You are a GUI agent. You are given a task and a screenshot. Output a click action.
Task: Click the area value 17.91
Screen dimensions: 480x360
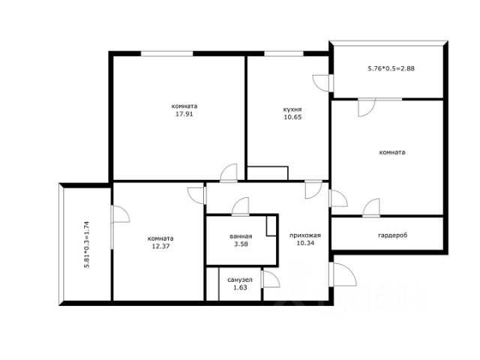pos(184,114)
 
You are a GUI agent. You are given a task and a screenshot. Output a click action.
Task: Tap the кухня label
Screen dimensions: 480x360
pos(292,109)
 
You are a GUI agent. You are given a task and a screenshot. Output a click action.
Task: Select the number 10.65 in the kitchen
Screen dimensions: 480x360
pos(292,117)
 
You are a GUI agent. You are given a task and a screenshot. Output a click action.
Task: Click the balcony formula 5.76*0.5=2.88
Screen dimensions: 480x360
pos(391,68)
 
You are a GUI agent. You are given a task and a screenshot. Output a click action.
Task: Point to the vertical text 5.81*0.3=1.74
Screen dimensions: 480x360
pos(87,244)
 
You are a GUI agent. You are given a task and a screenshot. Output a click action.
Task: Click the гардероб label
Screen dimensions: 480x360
pos(393,235)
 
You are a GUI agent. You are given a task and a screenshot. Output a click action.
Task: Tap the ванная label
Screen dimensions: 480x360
pos(241,236)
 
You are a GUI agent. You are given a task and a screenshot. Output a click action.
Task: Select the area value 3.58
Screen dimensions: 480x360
pos(241,244)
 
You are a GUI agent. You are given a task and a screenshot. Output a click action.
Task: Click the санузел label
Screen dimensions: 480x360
pos(240,280)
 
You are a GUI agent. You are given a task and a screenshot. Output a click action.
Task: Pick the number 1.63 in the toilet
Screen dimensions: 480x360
pos(240,287)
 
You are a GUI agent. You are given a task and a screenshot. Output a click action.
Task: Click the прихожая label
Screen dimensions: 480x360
pos(305,235)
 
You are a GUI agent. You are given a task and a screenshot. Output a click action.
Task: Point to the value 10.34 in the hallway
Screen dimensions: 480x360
pos(305,243)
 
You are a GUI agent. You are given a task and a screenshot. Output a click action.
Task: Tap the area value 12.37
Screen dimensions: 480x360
pos(160,246)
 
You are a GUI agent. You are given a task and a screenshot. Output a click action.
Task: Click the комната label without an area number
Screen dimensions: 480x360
pos(392,152)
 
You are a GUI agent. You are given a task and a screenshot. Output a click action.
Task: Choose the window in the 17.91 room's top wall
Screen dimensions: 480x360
pos(166,53)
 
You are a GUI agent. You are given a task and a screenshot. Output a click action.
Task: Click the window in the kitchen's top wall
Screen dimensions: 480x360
pos(283,53)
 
